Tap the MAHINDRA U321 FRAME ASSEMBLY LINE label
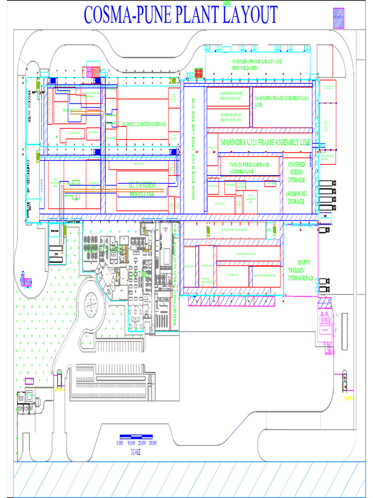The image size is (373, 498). (x=265, y=143)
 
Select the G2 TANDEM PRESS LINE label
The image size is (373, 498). (x=142, y=190)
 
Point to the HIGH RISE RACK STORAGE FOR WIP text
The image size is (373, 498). (x=193, y=149)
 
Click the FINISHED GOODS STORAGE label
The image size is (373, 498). (x=297, y=172)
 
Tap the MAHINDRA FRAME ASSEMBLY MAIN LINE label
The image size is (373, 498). (x=282, y=101)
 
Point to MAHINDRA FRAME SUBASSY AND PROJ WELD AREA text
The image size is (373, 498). (x=257, y=65)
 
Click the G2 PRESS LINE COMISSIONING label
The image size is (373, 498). (x=144, y=124)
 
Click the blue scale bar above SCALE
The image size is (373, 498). (x=136, y=436)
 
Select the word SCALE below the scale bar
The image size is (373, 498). (x=136, y=452)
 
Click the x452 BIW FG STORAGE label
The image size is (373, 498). (x=296, y=197)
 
